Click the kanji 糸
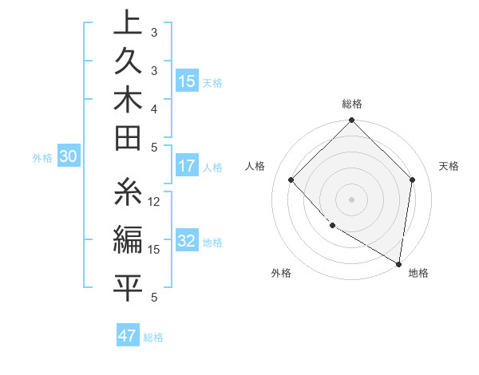coord(128,195)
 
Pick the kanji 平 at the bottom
coord(128,286)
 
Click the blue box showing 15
coord(187,81)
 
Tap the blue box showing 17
coord(187,166)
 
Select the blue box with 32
coord(187,241)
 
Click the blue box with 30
coord(69,157)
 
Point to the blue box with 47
coord(128,336)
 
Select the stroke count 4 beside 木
coord(154,108)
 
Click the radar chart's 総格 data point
coord(351,121)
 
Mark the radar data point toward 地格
coord(398,264)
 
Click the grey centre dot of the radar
coord(351,199)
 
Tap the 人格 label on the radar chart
coord(255,166)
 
